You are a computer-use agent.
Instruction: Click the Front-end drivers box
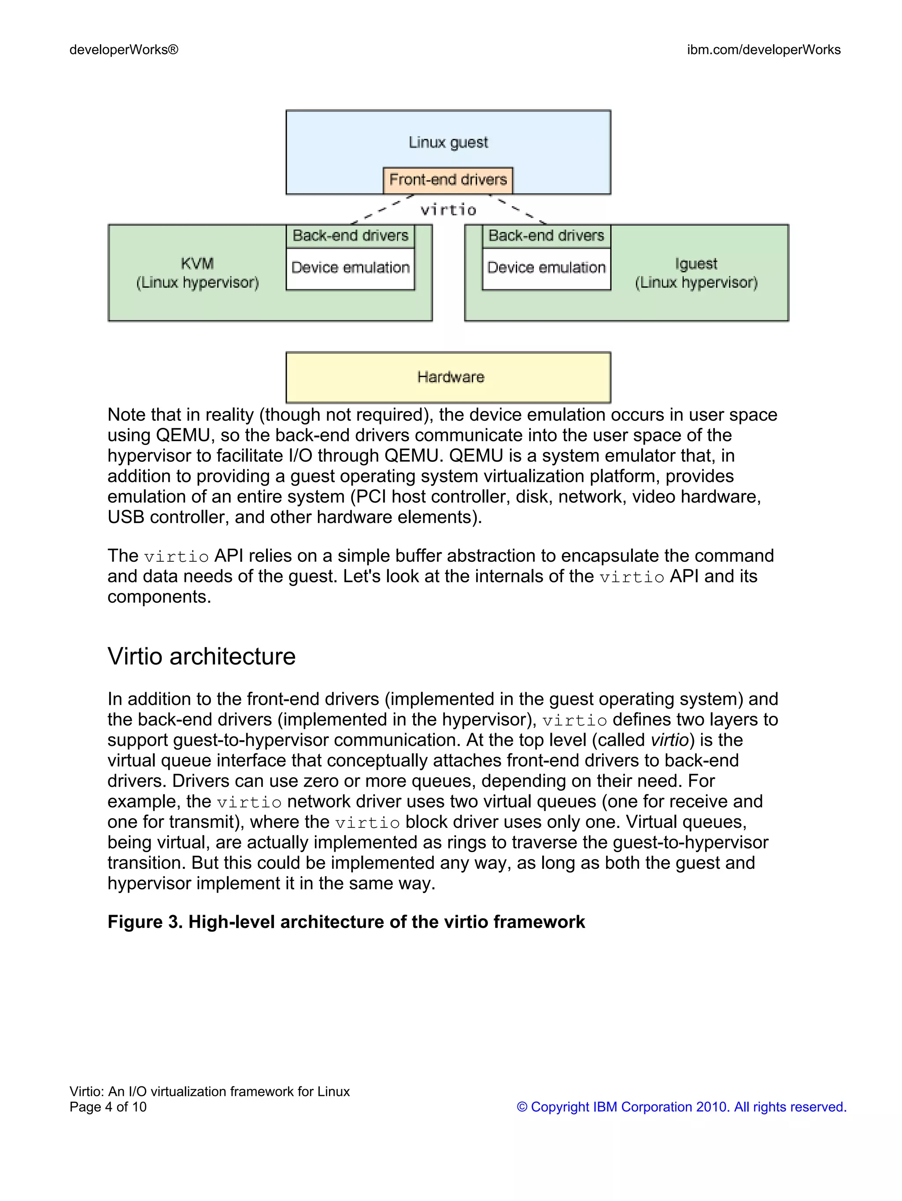448,180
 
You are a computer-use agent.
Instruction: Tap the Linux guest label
448,142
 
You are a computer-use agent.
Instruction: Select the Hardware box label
450,377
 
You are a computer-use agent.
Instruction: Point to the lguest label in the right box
696,264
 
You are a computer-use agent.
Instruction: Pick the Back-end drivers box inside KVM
350,236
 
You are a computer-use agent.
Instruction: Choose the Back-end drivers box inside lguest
546,236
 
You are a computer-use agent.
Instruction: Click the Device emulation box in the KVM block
350,268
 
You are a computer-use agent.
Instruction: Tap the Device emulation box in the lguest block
546,268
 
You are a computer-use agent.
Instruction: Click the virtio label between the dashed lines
448,210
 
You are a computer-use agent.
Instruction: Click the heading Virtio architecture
201,656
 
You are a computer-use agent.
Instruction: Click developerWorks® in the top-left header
124,50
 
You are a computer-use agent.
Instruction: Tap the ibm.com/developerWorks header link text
764,50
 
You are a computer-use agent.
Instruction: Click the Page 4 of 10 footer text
108,1107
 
